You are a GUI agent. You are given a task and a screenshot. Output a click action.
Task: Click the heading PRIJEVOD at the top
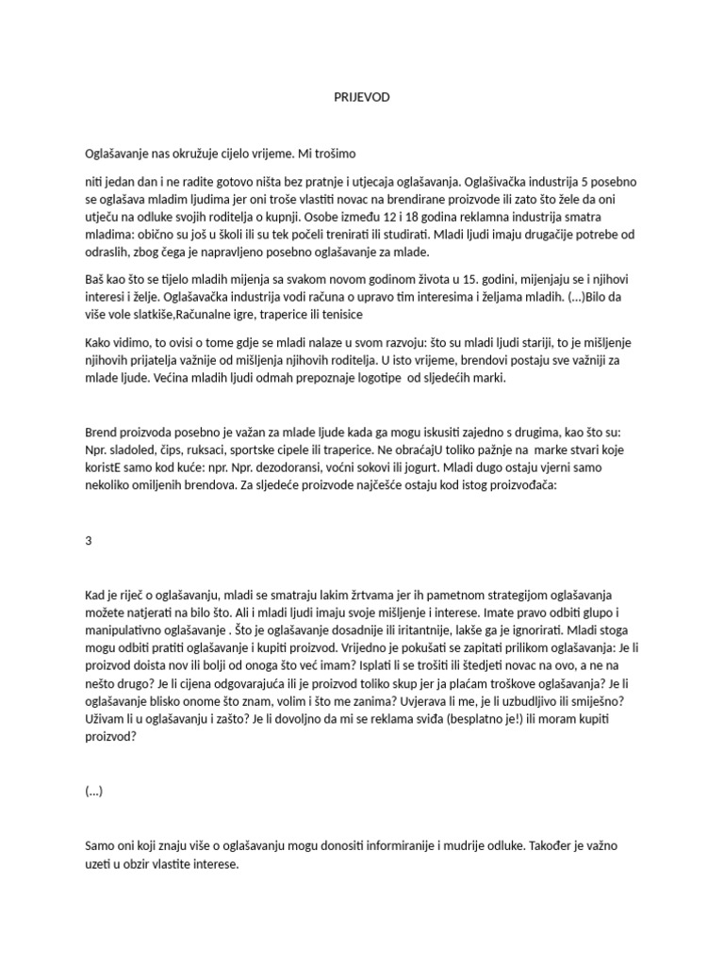click(362, 97)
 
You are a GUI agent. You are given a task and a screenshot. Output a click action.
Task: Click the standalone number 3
click(89, 542)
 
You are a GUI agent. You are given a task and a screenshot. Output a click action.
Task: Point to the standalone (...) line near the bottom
click(93, 792)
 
